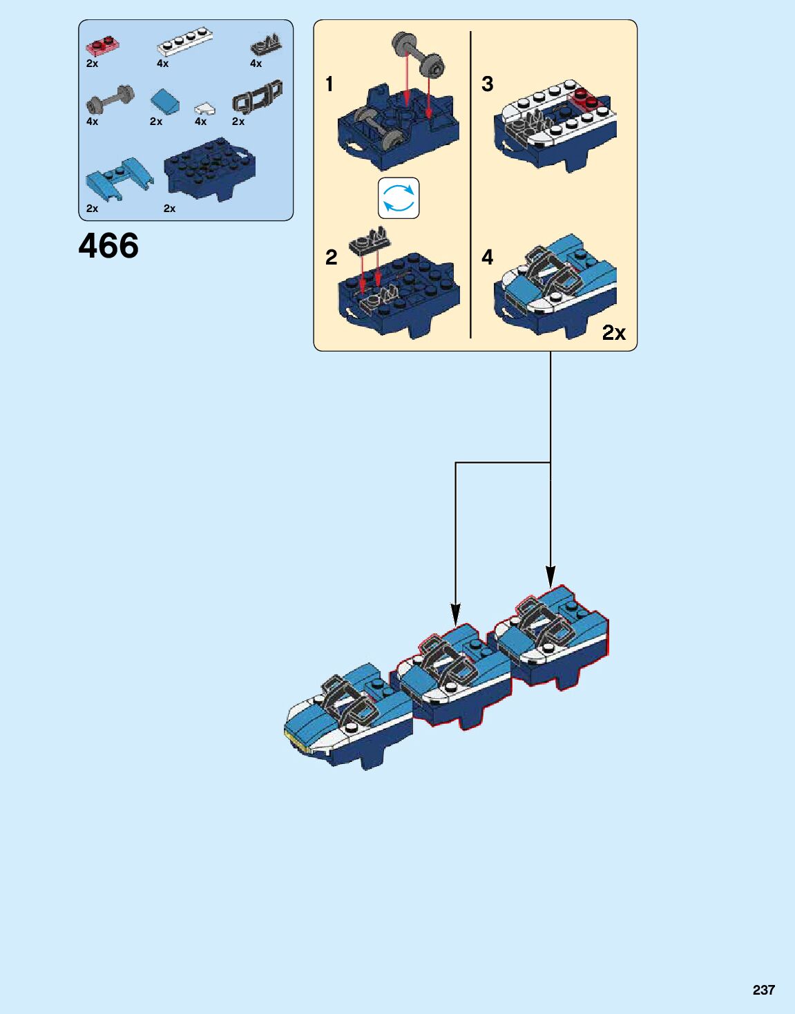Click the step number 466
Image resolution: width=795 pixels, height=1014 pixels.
[108, 246]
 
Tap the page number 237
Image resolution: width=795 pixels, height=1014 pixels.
[763, 990]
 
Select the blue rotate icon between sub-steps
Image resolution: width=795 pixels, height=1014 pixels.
[399, 198]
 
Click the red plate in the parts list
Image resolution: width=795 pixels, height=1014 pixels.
[102, 45]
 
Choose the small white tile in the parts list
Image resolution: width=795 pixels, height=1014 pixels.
[204, 108]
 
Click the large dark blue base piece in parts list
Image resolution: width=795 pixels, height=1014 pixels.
[209, 169]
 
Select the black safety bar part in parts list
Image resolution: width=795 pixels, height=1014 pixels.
[257, 98]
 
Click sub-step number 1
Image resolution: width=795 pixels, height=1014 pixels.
[329, 84]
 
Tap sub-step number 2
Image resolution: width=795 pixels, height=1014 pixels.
[331, 258]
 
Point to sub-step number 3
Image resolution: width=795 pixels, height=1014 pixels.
[487, 84]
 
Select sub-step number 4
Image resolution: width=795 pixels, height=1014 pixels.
[487, 258]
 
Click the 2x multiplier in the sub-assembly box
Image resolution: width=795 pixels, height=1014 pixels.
[613, 333]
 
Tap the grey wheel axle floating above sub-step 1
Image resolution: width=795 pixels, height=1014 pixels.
[417, 53]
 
